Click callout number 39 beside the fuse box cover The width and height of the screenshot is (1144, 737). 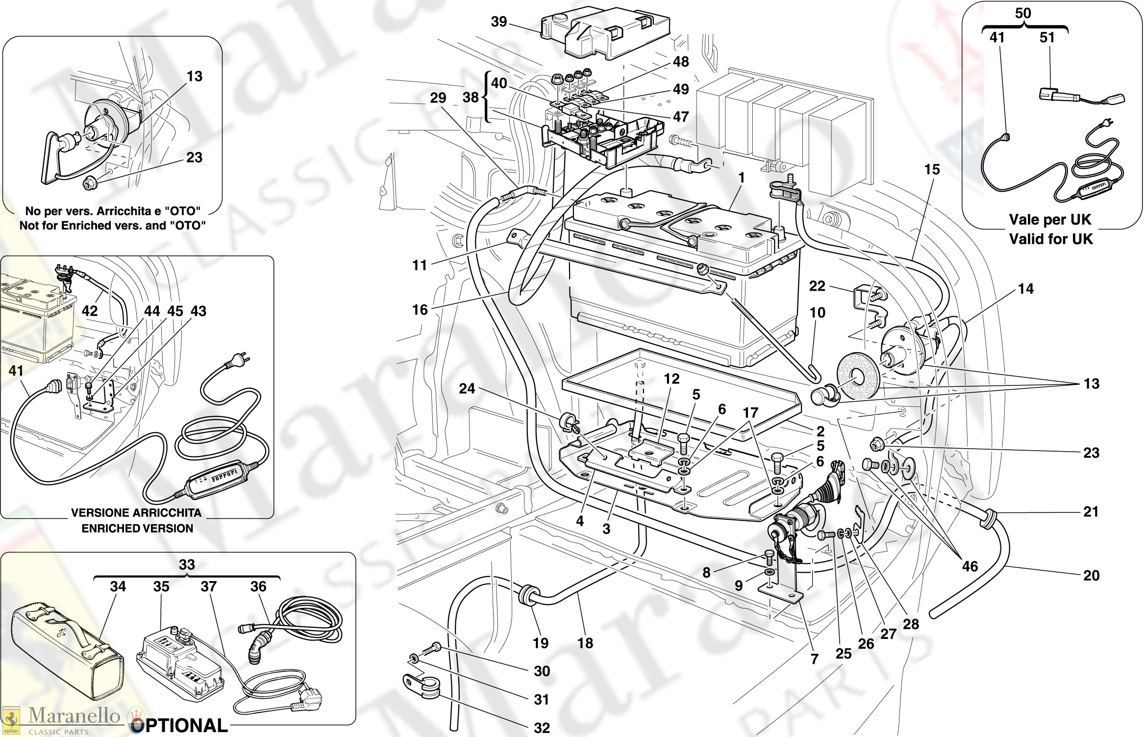(x=499, y=22)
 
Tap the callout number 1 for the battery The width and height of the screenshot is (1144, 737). (x=742, y=178)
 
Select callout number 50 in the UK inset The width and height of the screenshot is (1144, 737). (x=1023, y=13)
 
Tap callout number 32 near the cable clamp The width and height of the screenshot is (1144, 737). (x=542, y=728)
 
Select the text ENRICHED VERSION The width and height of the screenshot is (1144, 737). (x=137, y=528)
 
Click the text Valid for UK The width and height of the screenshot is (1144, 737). (x=1051, y=239)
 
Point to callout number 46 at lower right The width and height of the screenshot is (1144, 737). (x=970, y=566)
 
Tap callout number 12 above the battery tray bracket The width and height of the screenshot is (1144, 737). (x=672, y=379)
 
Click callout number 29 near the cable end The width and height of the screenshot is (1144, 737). (x=438, y=98)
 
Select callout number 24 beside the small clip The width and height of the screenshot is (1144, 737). (x=467, y=388)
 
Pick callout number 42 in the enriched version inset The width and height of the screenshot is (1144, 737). (x=90, y=310)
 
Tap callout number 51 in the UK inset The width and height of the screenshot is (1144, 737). (x=1047, y=37)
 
